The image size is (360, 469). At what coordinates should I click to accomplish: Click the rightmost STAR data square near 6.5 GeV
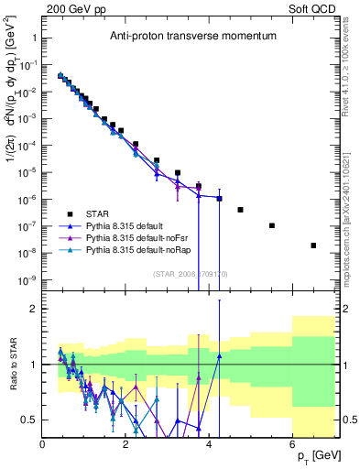click(313, 245)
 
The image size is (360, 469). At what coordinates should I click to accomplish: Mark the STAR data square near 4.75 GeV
click(240, 210)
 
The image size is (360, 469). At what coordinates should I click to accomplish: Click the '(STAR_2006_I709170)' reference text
click(189, 273)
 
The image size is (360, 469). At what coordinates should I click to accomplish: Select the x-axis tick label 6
click(292, 444)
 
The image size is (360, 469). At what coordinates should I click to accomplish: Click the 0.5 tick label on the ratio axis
click(29, 420)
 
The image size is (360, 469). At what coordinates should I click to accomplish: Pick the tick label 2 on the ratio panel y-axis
click(33, 309)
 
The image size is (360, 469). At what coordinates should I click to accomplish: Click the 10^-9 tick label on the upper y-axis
click(27, 279)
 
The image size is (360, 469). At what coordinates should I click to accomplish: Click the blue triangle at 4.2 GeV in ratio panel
click(219, 356)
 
